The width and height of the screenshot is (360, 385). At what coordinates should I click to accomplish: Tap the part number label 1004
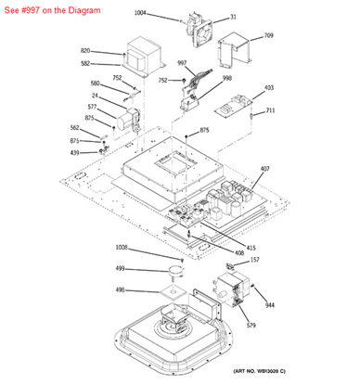(x=140, y=13)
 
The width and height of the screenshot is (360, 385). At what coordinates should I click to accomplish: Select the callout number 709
(x=268, y=36)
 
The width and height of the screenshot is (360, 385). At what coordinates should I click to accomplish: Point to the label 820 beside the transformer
(x=85, y=51)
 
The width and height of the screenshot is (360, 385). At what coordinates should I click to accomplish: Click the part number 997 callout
(x=182, y=63)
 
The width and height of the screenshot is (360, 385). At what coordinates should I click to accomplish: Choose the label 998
(x=226, y=79)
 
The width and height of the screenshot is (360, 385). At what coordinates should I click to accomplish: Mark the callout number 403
(x=269, y=88)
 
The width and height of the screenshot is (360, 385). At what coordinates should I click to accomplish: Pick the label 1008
(x=122, y=248)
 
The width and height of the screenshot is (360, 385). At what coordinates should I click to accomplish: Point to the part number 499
(x=120, y=268)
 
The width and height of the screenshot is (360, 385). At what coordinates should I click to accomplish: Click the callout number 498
(x=120, y=289)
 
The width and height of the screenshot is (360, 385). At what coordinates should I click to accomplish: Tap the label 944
(x=270, y=304)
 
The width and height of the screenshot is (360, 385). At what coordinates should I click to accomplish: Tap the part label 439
(x=75, y=151)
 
